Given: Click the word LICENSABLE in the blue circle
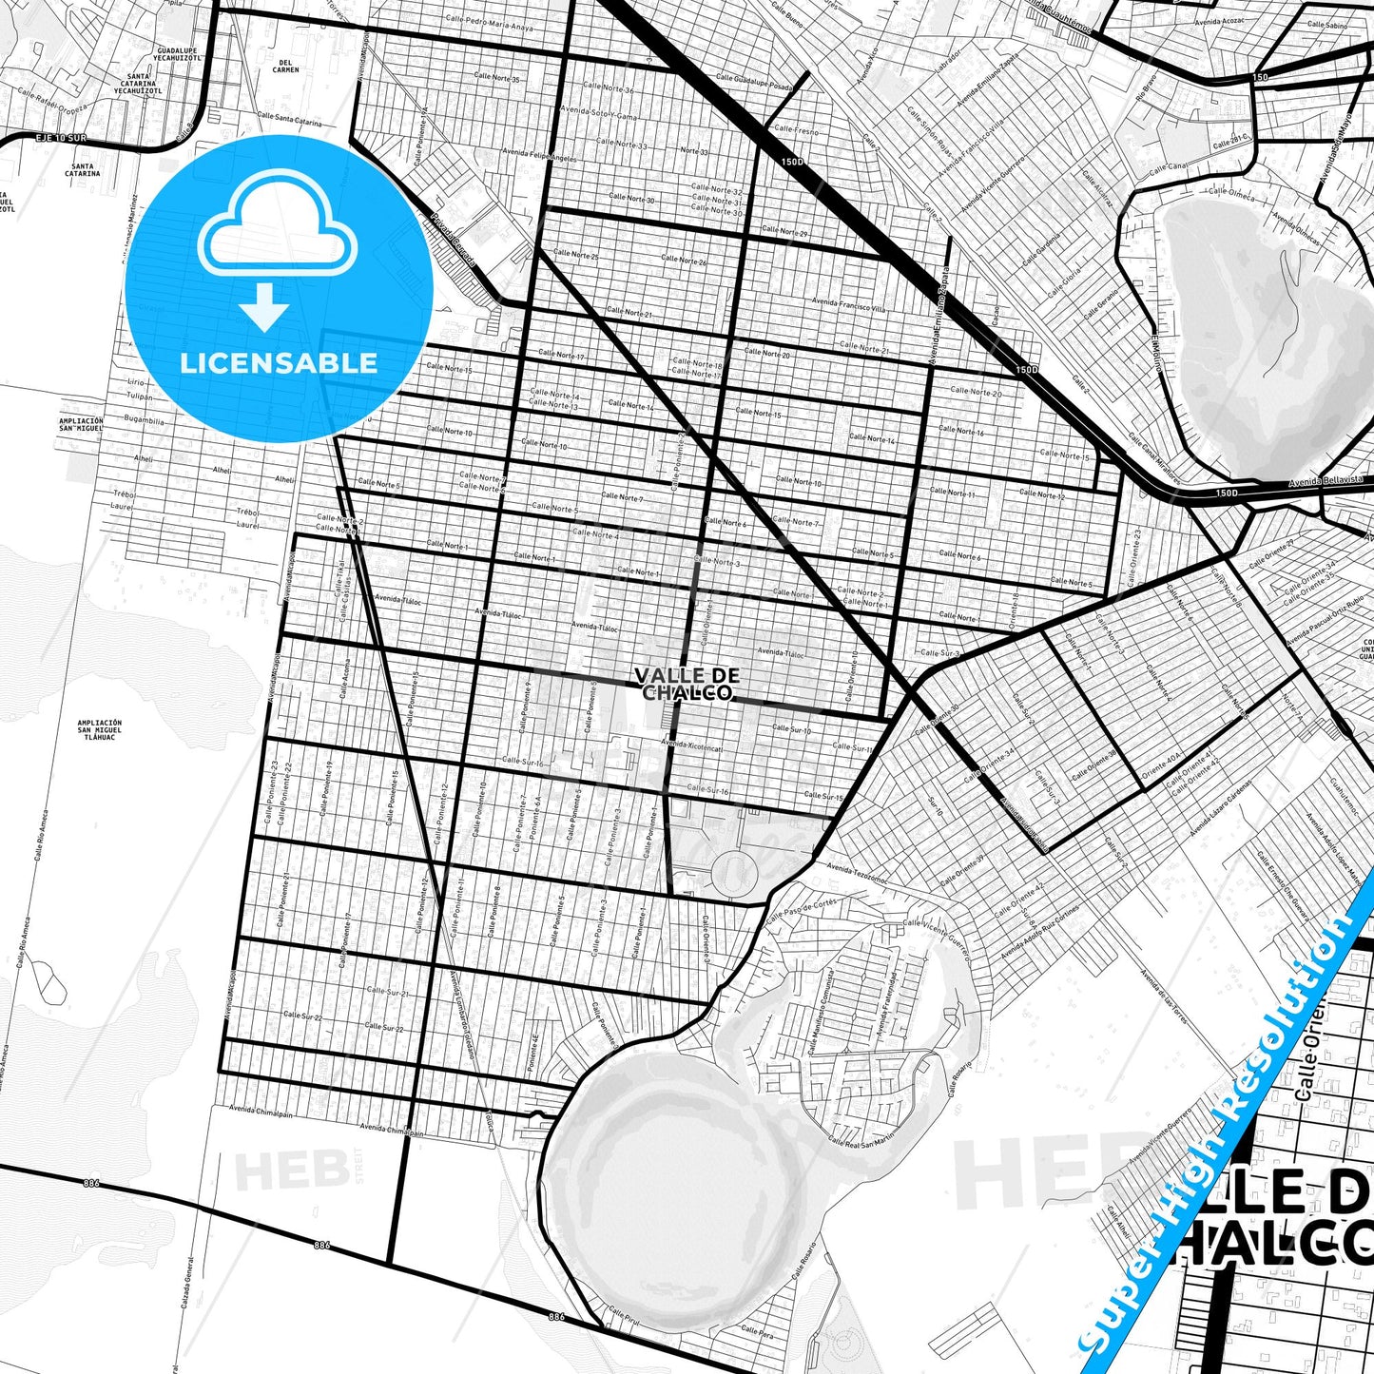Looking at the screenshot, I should pyautogui.click(x=279, y=362).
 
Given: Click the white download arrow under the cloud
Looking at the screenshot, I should pyautogui.click(x=264, y=307).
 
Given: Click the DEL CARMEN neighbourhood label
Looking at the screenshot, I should pyautogui.click(x=285, y=66).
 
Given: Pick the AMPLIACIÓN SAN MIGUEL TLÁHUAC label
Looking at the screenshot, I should pyautogui.click(x=100, y=729).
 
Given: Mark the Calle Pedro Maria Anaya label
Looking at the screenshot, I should pyautogui.click(x=485, y=22).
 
